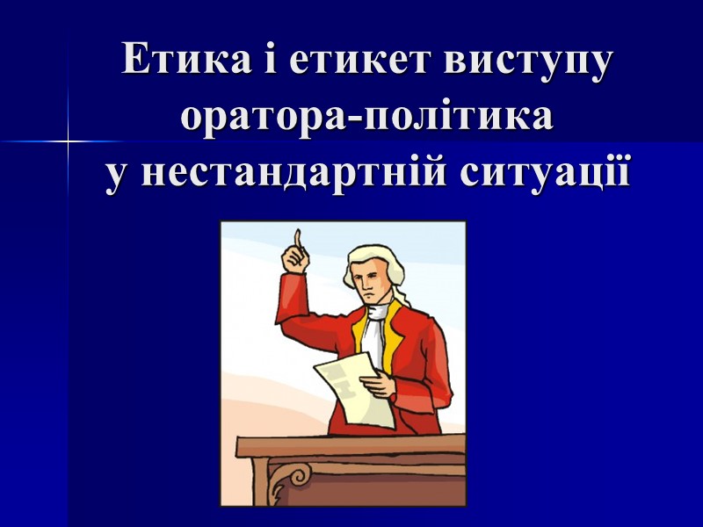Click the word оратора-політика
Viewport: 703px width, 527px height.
(x=366, y=117)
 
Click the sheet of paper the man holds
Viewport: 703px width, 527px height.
(x=347, y=386)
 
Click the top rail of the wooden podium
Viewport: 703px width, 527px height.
(x=351, y=444)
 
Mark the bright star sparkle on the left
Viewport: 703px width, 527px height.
(x=68, y=141)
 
